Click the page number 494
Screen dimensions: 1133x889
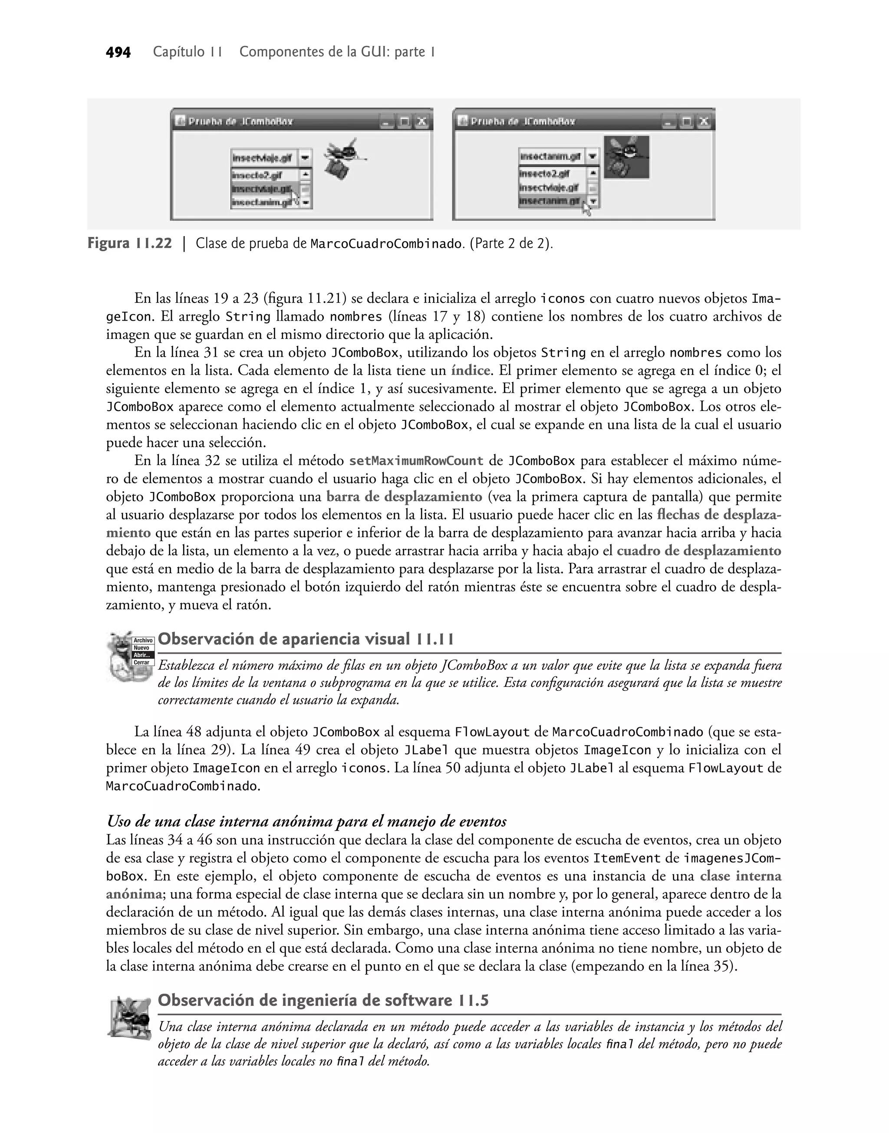pos(118,53)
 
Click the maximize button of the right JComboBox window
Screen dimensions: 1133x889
pos(687,122)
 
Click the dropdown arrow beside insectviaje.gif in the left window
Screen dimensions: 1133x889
pos(306,157)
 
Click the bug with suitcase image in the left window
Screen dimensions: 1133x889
pos(342,157)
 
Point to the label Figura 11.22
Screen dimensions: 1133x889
pos(130,243)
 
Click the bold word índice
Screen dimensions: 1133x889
pos(471,371)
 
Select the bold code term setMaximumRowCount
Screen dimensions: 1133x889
pos(416,461)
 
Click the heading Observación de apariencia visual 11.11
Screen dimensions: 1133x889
pos(306,639)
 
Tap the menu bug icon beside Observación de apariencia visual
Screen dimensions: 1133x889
pos(130,655)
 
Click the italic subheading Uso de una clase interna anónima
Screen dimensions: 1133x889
pos(306,821)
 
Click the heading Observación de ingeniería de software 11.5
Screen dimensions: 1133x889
pos(323,1000)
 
